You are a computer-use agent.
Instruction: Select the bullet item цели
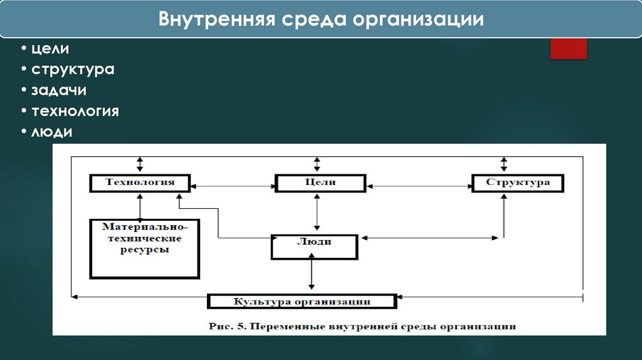(x=51, y=48)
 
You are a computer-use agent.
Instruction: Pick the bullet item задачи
(x=59, y=90)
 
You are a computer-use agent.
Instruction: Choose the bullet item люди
(x=52, y=132)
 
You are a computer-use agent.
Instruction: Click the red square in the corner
(x=568, y=48)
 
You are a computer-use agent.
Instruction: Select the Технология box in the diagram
(x=140, y=183)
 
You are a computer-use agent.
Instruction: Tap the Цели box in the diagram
(x=320, y=183)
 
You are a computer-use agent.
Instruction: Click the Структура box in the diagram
(x=517, y=183)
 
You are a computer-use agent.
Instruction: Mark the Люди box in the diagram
(x=314, y=246)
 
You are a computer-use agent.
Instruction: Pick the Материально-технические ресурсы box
(x=145, y=248)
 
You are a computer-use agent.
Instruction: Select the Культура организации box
(x=302, y=302)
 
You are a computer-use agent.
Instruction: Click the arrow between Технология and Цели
(x=234, y=185)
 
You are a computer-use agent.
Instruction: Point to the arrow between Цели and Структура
(x=419, y=185)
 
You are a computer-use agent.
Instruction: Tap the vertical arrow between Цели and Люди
(x=318, y=213)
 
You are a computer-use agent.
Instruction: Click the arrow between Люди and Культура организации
(x=312, y=276)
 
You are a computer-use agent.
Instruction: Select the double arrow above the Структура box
(x=504, y=165)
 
